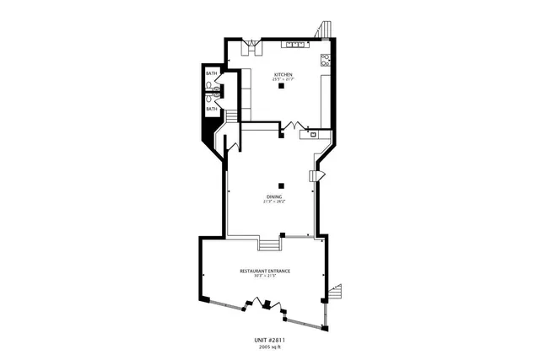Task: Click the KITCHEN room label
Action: point(283,75)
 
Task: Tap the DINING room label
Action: point(273,196)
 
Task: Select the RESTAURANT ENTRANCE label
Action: point(265,271)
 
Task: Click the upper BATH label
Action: point(211,74)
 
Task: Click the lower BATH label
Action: point(211,109)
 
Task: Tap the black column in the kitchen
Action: point(282,86)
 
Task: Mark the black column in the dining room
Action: point(282,185)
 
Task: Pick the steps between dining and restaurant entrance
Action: point(269,244)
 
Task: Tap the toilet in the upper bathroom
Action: point(208,84)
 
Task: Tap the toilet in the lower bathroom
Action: point(208,98)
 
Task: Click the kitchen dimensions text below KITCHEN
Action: point(283,80)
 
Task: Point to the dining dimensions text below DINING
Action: point(273,201)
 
